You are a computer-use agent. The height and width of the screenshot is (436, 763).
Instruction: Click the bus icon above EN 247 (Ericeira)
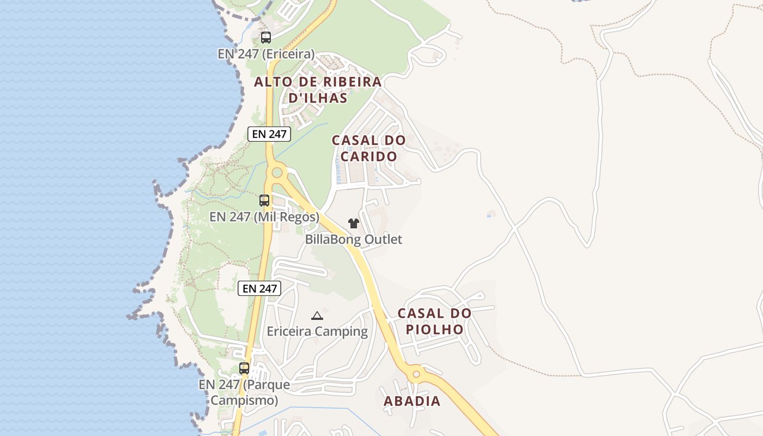click(x=266, y=38)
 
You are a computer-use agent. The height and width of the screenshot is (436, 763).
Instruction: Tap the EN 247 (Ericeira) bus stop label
click(x=266, y=54)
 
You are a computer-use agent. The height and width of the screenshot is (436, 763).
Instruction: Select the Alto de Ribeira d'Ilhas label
click(x=318, y=90)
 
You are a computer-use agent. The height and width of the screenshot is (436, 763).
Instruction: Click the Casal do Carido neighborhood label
click(x=369, y=148)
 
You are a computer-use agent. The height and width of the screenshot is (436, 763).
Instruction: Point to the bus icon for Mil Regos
click(x=264, y=201)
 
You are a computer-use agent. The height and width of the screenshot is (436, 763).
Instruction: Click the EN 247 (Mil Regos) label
click(x=264, y=217)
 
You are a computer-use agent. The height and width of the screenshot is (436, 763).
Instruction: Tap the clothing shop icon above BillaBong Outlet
click(x=354, y=223)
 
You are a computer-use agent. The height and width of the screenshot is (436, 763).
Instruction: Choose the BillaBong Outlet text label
click(x=354, y=239)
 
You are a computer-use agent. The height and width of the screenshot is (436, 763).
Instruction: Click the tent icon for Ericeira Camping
click(x=317, y=316)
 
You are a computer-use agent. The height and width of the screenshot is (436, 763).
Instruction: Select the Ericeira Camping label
click(x=317, y=331)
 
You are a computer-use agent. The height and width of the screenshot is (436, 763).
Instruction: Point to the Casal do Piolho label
click(x=434, y=321)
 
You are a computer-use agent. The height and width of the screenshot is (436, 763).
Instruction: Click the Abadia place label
click(x=412, y=401)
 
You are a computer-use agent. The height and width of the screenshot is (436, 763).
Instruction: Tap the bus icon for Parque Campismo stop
click(x=244, y=368)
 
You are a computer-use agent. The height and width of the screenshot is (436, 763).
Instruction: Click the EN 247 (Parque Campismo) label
click(x=244, y=392)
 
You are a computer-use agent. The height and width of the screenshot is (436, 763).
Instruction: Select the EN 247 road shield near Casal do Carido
click(x=269, y=134)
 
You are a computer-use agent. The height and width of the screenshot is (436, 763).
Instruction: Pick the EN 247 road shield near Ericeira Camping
click(x=259, y=288)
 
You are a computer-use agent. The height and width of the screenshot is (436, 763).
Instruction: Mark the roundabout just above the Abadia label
click(x=416, y=374)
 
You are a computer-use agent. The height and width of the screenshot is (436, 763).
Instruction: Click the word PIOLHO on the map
click(x=434, y=329)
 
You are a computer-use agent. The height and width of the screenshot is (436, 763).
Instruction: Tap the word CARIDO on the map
click(x=369, y=156)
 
